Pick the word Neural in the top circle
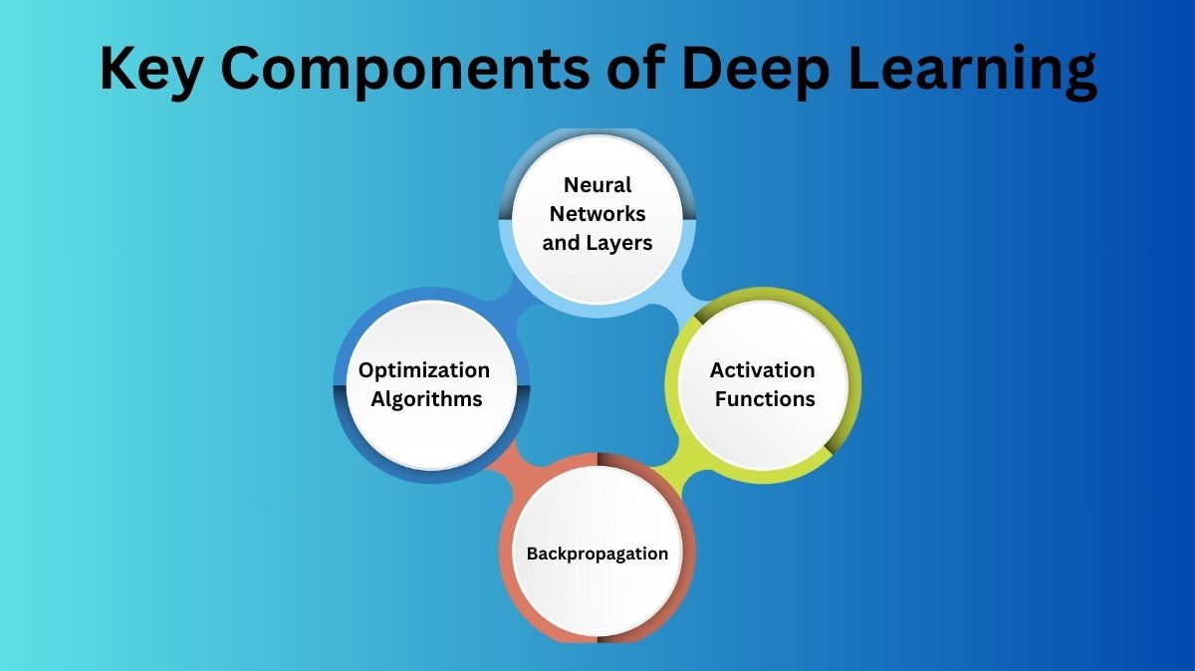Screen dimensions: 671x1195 pos(597,185)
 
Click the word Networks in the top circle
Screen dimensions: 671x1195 pos(597,213)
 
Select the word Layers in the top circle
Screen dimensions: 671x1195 pos(619,242)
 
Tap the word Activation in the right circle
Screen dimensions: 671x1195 pos(762,370)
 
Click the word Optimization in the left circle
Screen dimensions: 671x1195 pos(424,370)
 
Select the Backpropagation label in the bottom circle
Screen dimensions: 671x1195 pos(597,554)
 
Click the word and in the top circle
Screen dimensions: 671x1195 pos(561,242)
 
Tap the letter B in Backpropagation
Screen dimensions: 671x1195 pos(532,554)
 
